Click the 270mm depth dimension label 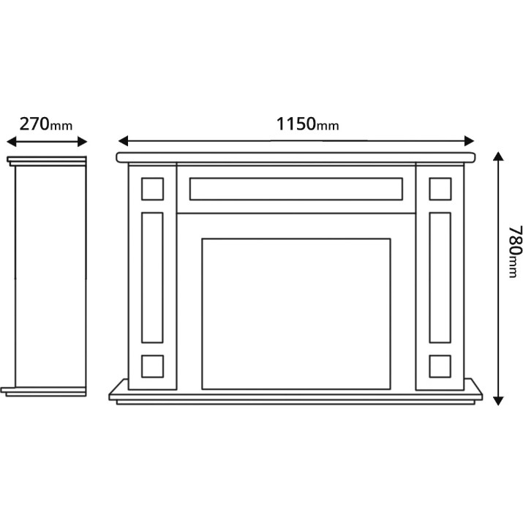click(46, 124)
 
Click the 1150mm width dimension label click(307, 124)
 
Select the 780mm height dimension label click(515, 252)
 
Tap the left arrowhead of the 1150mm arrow click(124, 140)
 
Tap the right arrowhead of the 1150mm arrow click(470, 140)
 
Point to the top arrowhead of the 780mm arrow click(498, 157)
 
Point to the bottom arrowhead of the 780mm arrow click(498, 401)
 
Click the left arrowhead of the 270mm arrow click(12, 141)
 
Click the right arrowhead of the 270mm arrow click(83, 141)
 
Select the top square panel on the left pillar click(152, 189)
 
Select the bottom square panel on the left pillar click(152, 366)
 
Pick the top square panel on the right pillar click(440, 189)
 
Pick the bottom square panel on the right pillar click(440, 366)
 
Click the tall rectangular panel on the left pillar click(152, 277)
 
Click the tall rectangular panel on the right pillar click(440, 277)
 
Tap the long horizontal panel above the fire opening click(296, 189)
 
